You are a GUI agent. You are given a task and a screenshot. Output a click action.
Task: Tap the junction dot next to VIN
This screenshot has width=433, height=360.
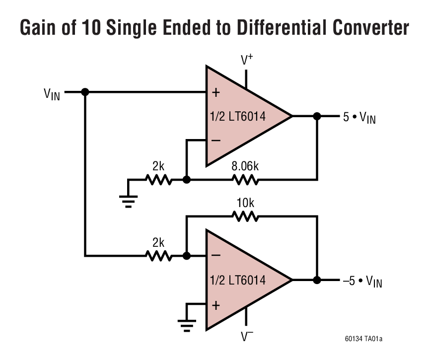pyautogui.click(x=85, y=92)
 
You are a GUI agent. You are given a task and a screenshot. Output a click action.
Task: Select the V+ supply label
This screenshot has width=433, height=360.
pyautogui.click(x=247, y=60)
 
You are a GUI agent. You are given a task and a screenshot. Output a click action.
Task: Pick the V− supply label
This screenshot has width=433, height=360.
pyautogui.click(x=247, y=337)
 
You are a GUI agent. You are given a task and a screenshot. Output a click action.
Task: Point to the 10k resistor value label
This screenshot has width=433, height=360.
pyautogui.click(x=244, y=203)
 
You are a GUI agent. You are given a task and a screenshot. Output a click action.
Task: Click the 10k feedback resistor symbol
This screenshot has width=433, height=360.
pyautogui.click(x=244, y=216)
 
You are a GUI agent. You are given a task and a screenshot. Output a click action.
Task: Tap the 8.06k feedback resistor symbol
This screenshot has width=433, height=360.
pyautogui.click(x=244, y=179)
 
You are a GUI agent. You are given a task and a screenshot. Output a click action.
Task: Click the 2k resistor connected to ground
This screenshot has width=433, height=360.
pyautogui.click(x=159, y=179)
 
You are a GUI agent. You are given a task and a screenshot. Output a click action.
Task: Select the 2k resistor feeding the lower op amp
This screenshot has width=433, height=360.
pyautogui.click(x=159, y=256)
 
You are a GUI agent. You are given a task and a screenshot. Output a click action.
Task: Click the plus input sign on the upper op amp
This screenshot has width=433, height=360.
pyautogui.click(x=216, y=93)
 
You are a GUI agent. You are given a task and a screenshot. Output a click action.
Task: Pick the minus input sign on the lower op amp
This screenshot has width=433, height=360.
pyautogui.click(x=216, y=256)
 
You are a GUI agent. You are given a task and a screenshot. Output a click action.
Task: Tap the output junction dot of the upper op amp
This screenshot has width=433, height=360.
pyautogui.click(x=317, y=116)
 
